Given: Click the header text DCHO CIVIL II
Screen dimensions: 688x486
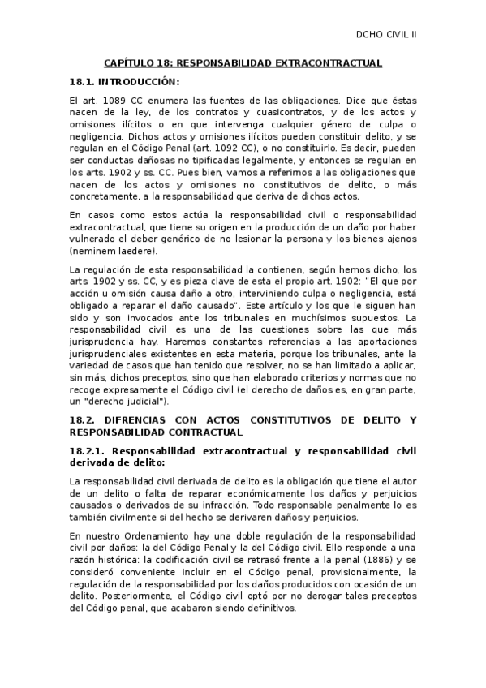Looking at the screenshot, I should (386, 35).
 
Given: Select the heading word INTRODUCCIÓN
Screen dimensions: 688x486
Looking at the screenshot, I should (140, 82).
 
